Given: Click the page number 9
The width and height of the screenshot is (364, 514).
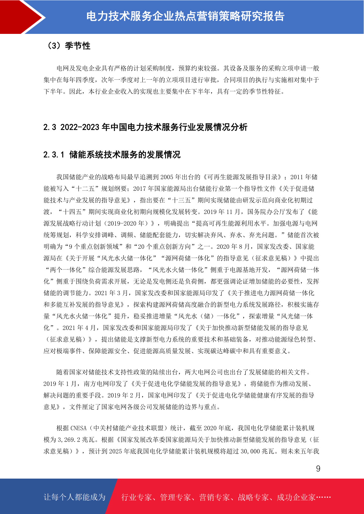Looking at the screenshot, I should click(x=318, y=469).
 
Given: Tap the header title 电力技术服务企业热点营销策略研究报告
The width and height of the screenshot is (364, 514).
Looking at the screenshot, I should click(x=185, y=16).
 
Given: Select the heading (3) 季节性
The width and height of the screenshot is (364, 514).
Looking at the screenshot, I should click(x=68, y=46).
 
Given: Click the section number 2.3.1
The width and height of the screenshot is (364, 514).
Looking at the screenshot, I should click(x=54, y=155).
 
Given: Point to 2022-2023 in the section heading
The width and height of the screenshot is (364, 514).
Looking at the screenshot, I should click(x=80, y=127).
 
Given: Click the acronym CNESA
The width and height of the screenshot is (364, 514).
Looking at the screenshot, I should click(x=79, y=428).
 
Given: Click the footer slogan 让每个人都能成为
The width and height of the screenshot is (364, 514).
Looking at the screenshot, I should click(x=75, y=497).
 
